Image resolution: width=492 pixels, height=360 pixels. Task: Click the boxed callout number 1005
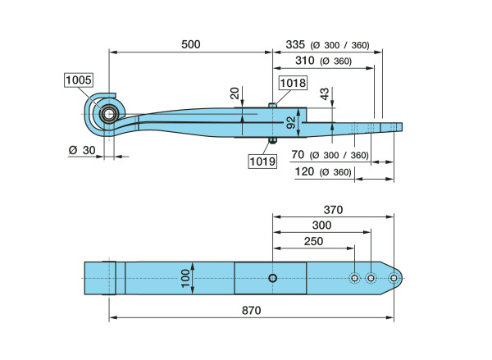point(79,80)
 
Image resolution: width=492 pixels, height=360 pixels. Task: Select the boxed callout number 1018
point(293,83)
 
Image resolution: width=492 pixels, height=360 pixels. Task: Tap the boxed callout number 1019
point(262,162)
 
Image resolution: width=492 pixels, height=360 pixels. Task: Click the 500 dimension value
point(191,44)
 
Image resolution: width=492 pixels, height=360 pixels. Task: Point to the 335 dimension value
point(295,45)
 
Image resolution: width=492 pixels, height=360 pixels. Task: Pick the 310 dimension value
point(305,60)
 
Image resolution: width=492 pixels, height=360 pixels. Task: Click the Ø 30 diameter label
point(82,150)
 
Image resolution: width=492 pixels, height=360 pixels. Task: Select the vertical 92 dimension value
point(291,122)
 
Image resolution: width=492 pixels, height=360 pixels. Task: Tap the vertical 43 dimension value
point(325,93)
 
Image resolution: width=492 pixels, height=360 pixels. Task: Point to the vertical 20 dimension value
point(235,93)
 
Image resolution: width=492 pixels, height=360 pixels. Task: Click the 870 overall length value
point(252,311)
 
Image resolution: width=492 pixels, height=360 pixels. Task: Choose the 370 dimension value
point(333,210)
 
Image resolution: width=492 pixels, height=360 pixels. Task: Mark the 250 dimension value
point(313,241)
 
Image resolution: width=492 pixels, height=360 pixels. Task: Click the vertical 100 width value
point(186,278)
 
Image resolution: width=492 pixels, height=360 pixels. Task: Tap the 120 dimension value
point(304,171)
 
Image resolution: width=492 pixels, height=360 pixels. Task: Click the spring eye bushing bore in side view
point(109,114)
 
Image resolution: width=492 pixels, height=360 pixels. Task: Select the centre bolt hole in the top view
point(273,278)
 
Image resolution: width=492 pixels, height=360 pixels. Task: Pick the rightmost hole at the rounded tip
point(394,278)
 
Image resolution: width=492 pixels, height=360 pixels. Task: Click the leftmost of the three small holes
point(354,278)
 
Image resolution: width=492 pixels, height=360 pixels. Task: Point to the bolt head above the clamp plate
point(272,105)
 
